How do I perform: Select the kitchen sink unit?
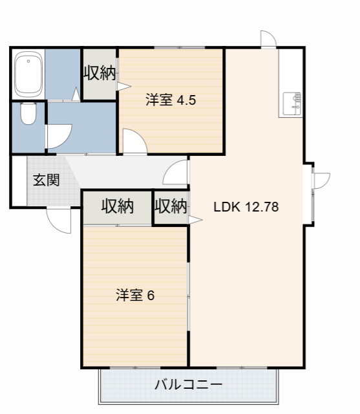tap(291, 103)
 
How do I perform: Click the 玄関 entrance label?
tap(46, 180)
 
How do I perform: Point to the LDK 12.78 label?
tap(246, 208)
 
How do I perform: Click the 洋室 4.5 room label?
tap(170, 100)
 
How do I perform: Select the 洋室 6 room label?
tap(134, 295)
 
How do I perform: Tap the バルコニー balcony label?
tap(188, 385)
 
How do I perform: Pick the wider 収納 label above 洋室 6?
tap(117, 206)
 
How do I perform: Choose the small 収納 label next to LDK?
tap(171, 206)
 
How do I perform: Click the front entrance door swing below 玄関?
tap(59, 221)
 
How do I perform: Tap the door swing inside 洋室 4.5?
tap(133, 142)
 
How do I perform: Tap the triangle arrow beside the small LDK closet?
tap(196, 220)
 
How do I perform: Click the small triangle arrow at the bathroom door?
tap(76, 95)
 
